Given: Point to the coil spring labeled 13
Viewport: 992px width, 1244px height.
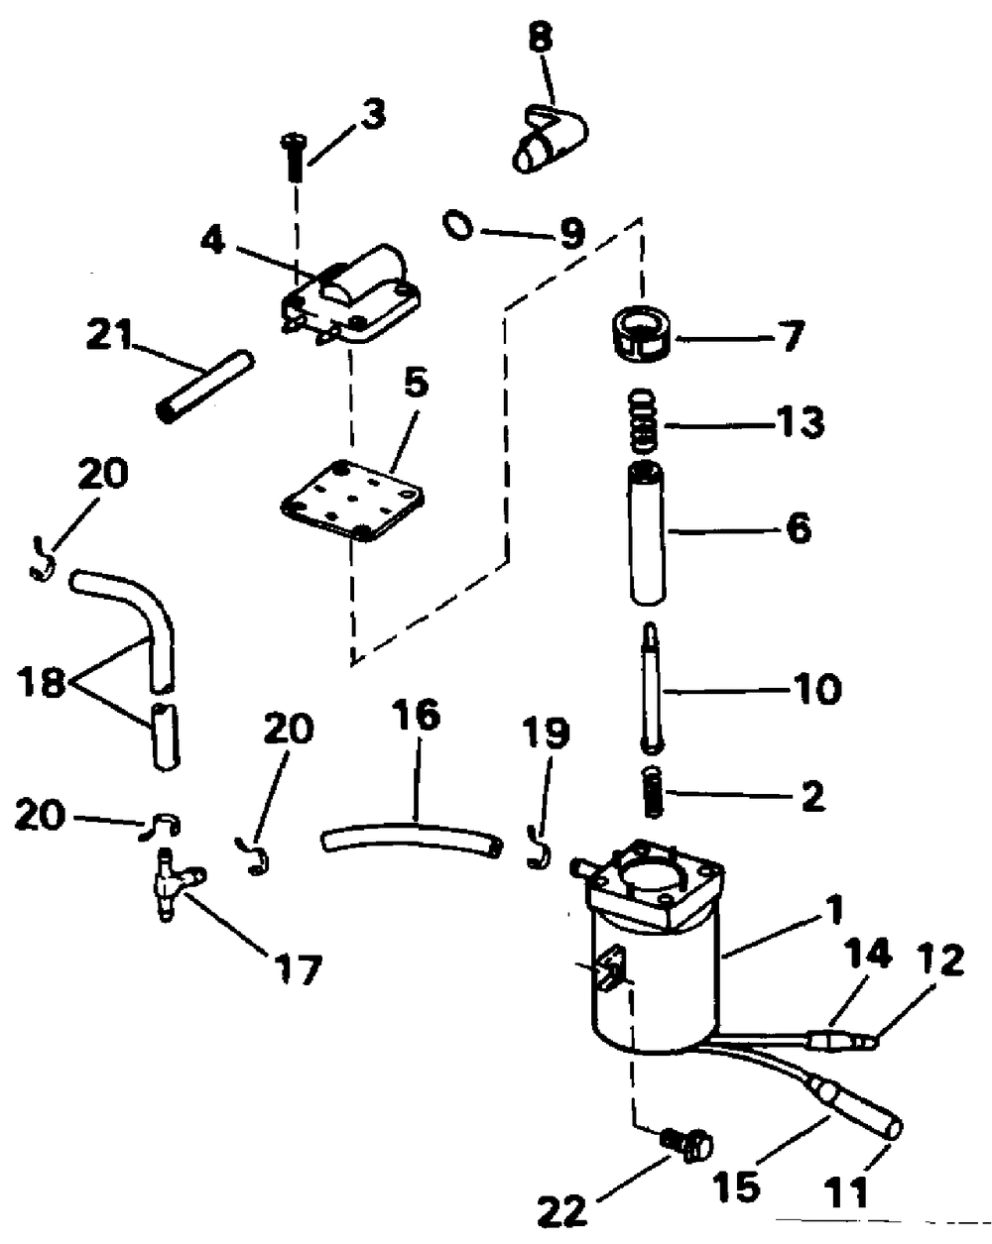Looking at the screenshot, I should click(x=645, y=420).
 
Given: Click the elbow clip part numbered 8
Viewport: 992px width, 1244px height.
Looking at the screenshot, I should click(x=549, y=139).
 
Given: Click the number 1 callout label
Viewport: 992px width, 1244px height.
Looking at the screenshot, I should click(x=834, y=907).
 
